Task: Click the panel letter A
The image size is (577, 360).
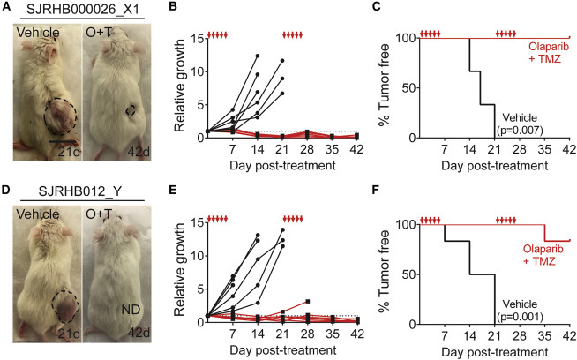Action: coord(6,7)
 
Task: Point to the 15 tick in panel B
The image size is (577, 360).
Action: coord(191,39)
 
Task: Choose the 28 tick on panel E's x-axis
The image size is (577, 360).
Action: coord(305,333)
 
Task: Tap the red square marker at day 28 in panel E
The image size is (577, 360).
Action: coord(306,302)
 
